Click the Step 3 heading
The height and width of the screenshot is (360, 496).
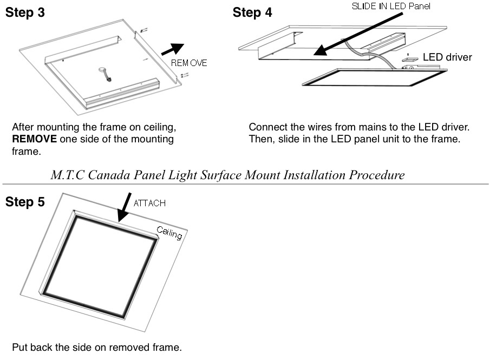[x=25, y=14]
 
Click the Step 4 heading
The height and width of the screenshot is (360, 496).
[x=252, y=12]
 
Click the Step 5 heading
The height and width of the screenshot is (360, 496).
[x=25, y=202]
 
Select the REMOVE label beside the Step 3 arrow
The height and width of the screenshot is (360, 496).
[x=190, y=63]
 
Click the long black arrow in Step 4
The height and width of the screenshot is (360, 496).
[x=357, y=33]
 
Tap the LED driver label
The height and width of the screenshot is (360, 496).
[x=447, y=57]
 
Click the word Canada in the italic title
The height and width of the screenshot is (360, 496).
[x=109, y=175]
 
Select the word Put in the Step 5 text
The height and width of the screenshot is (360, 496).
[x=19, y=347]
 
